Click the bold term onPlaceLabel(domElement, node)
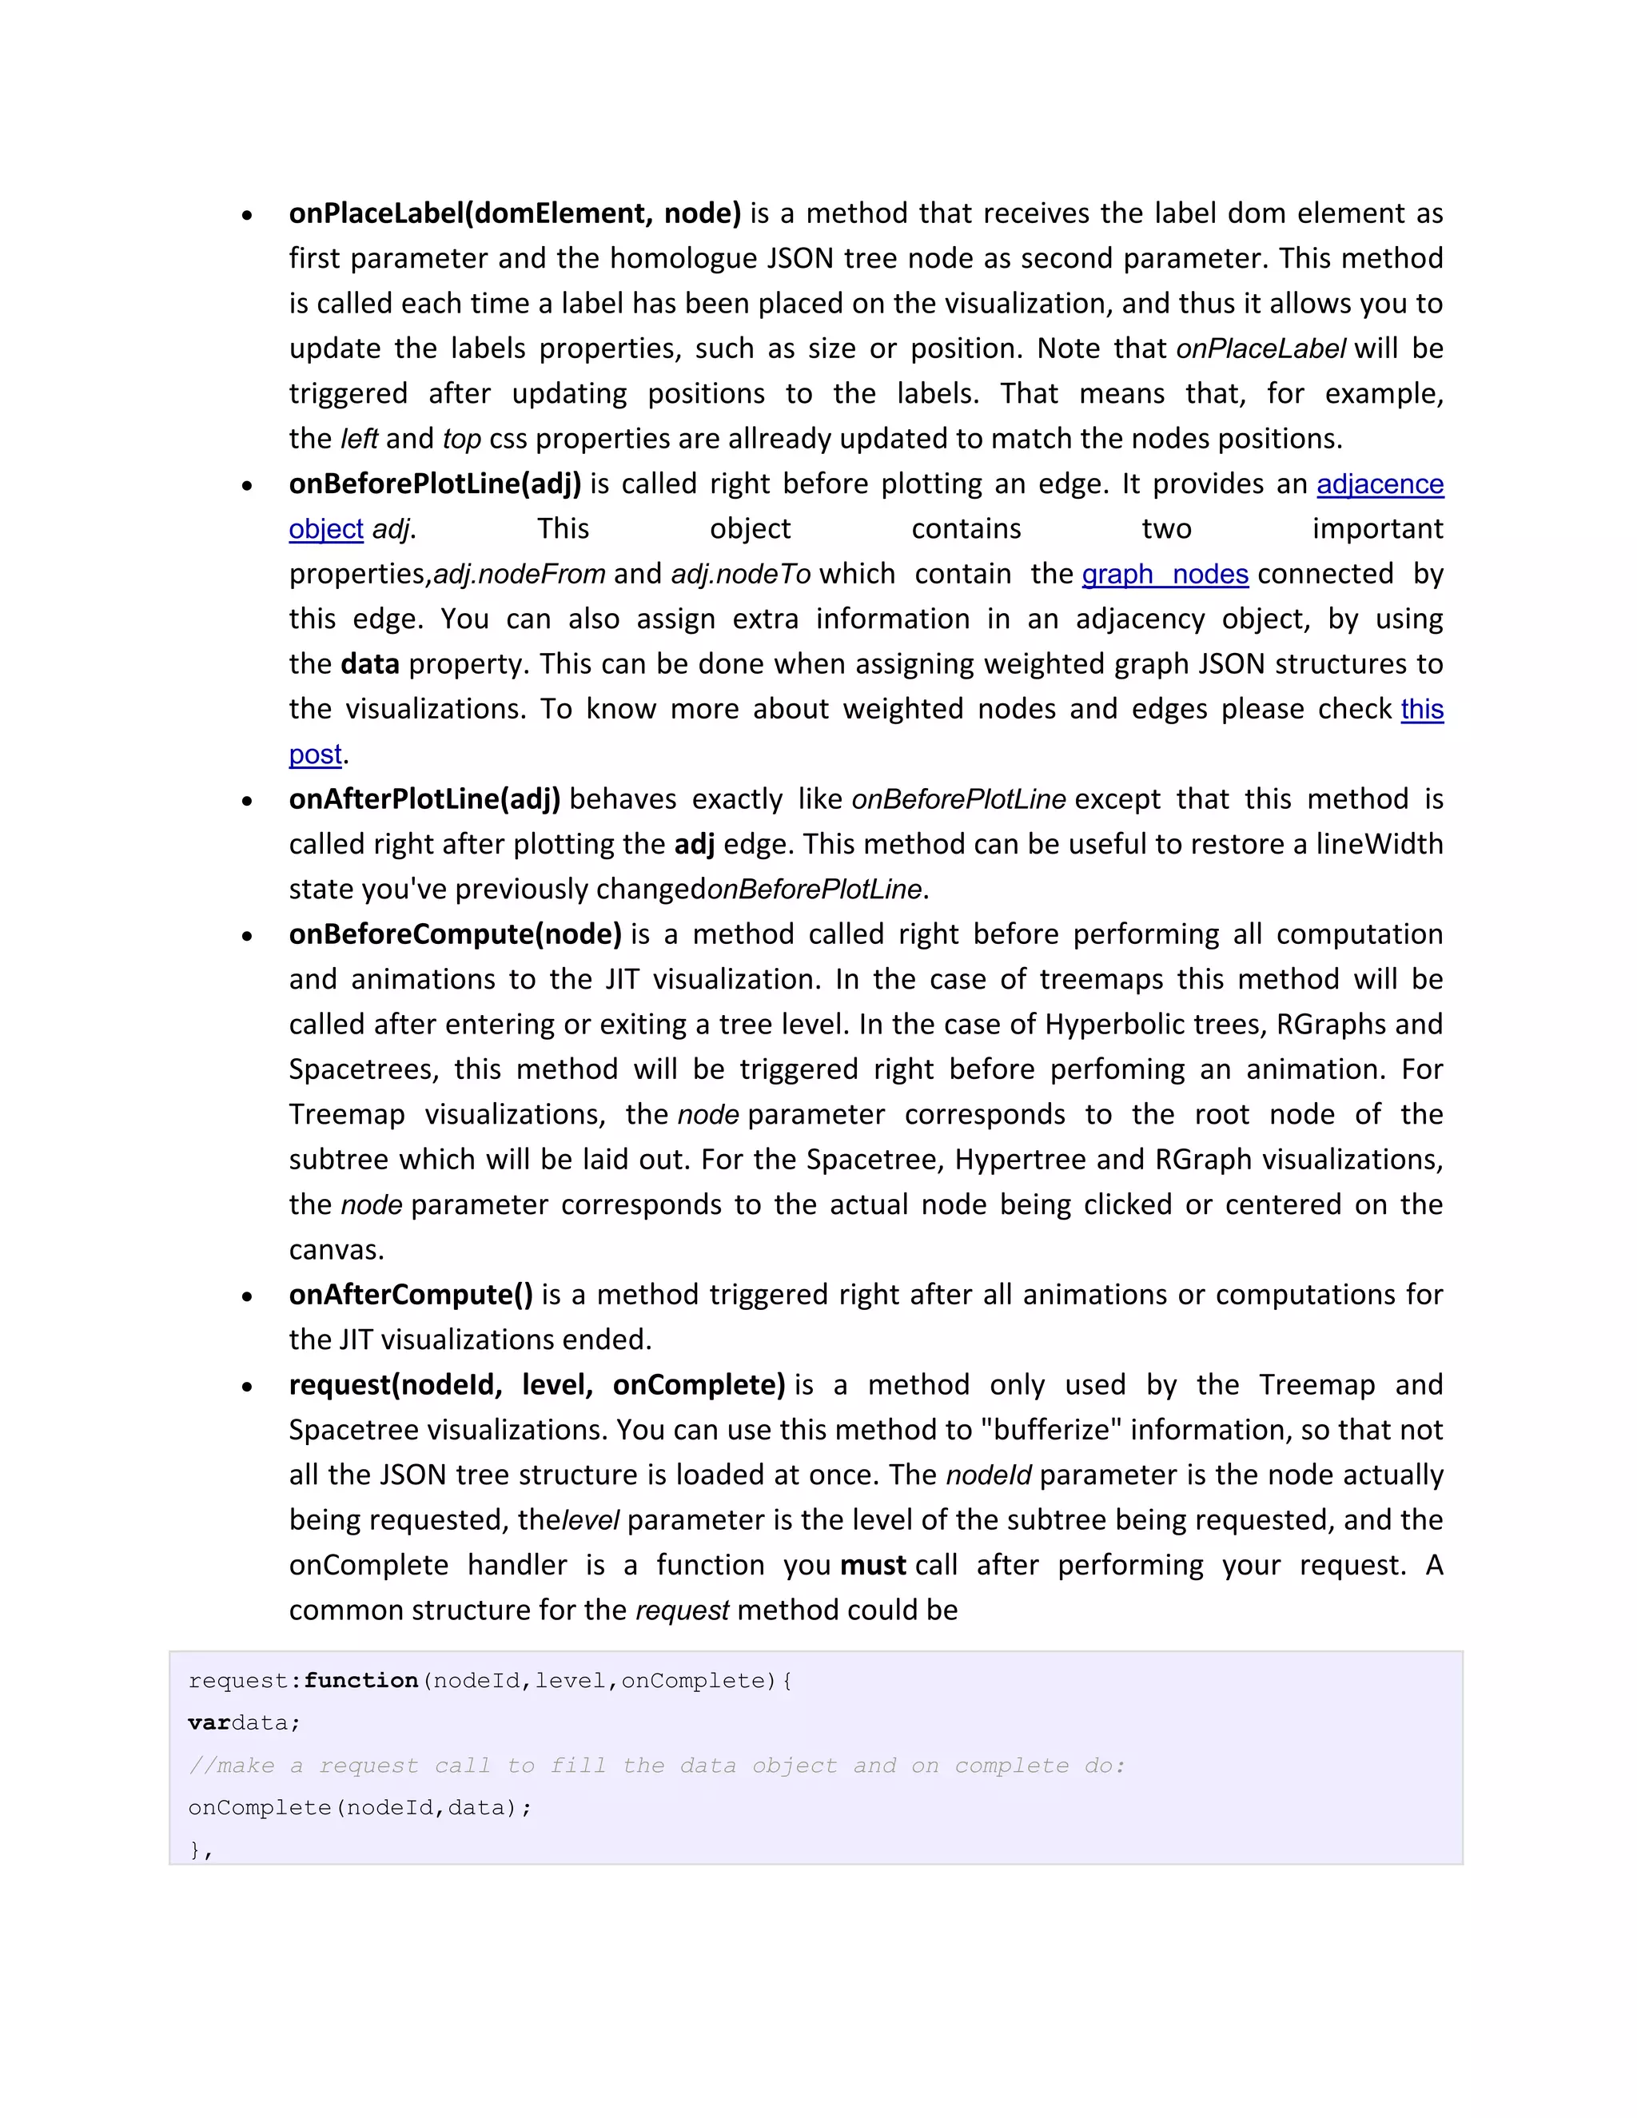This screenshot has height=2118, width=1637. click(514, 213)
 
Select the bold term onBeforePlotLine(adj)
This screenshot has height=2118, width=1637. click(435, 484)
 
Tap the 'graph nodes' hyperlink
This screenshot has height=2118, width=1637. click(1165, 574)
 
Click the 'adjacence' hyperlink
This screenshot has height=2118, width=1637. click(1379, 484)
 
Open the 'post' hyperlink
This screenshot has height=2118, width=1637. click(315, 754)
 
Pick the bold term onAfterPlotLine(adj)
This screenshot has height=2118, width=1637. click(424, 799)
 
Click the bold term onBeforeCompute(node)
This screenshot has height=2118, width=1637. click(455, 934)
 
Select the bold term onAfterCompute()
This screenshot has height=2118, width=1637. click(410, 1295)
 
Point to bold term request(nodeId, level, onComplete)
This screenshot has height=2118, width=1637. click(536, 1385)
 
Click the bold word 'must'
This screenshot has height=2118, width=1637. click(872, 1565)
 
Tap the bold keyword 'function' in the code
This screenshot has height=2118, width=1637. click(360, 1681)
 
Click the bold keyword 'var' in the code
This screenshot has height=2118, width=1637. click(209, 1723)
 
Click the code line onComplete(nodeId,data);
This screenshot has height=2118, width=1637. click(360, 1808)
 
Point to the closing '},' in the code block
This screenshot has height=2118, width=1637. click(201, 1850)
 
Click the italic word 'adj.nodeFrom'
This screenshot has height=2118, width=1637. click(519, 574)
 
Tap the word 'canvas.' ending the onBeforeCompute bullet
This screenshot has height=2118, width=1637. click(337, 1250)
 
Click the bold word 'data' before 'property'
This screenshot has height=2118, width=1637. click(369, 664)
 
